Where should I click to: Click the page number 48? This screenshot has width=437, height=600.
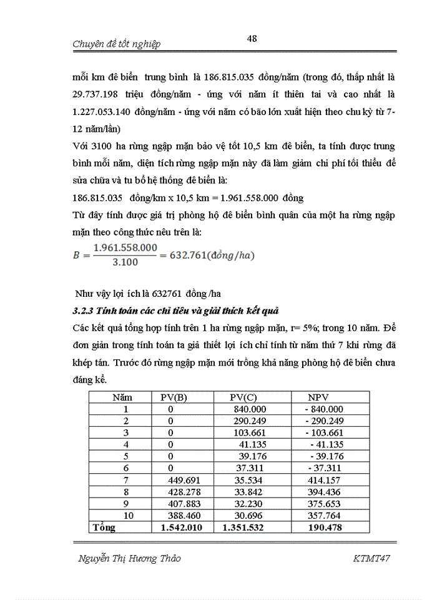(252, 39)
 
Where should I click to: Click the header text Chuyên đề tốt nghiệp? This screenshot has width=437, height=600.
(117, 44)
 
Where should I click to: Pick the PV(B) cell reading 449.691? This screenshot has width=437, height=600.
(182, 480)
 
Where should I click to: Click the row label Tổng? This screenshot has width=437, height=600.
(104, 528)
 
